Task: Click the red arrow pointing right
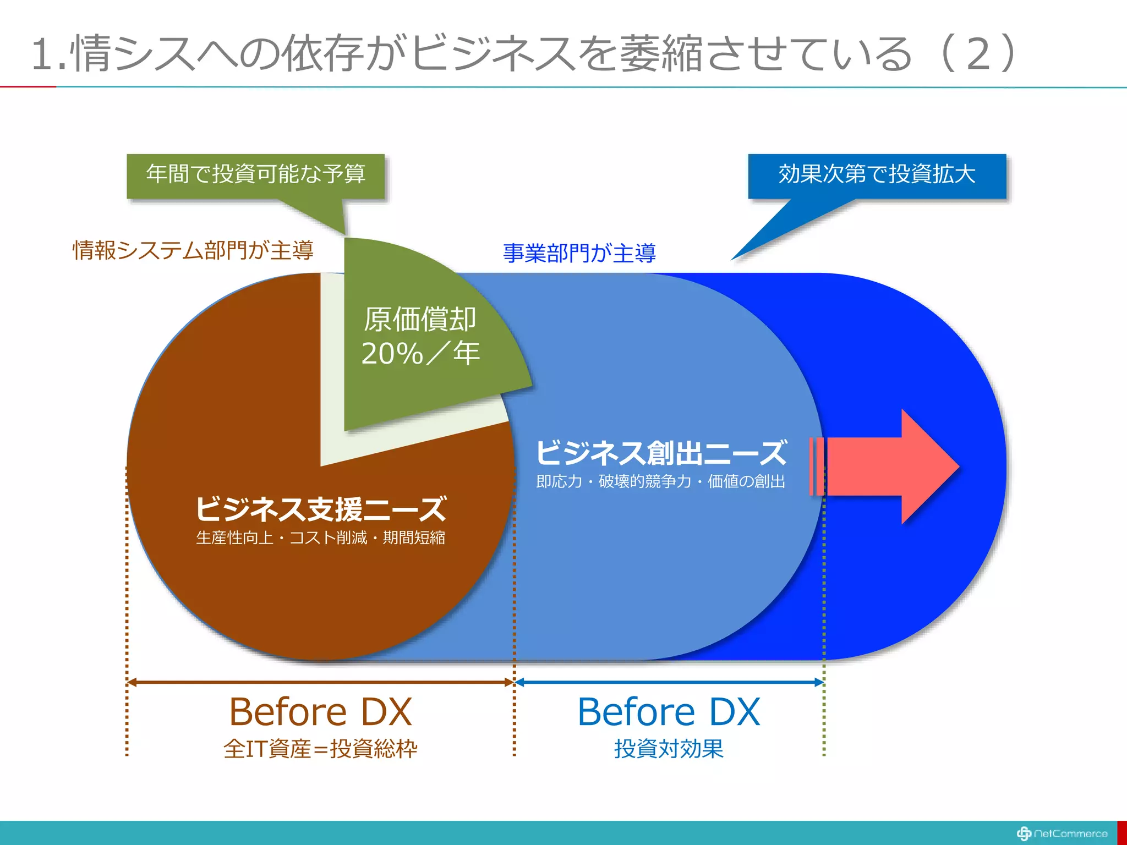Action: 891,466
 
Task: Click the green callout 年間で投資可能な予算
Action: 255,175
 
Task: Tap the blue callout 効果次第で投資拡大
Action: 877,175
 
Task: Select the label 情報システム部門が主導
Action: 193,250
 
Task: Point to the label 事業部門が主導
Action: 579,253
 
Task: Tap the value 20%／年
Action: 420,353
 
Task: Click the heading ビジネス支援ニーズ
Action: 321,509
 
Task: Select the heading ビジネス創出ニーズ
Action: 661,453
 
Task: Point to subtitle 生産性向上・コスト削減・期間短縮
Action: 321,537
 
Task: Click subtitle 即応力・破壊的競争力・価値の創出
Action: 661,481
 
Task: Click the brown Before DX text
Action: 321,712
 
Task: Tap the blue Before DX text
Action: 669,712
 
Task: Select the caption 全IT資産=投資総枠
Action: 321,749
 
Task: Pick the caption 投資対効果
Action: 669,749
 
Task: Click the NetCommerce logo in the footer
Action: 1062,833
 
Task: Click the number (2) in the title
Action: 978,53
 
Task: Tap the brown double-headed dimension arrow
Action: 321,682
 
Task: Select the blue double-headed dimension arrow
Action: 669,682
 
